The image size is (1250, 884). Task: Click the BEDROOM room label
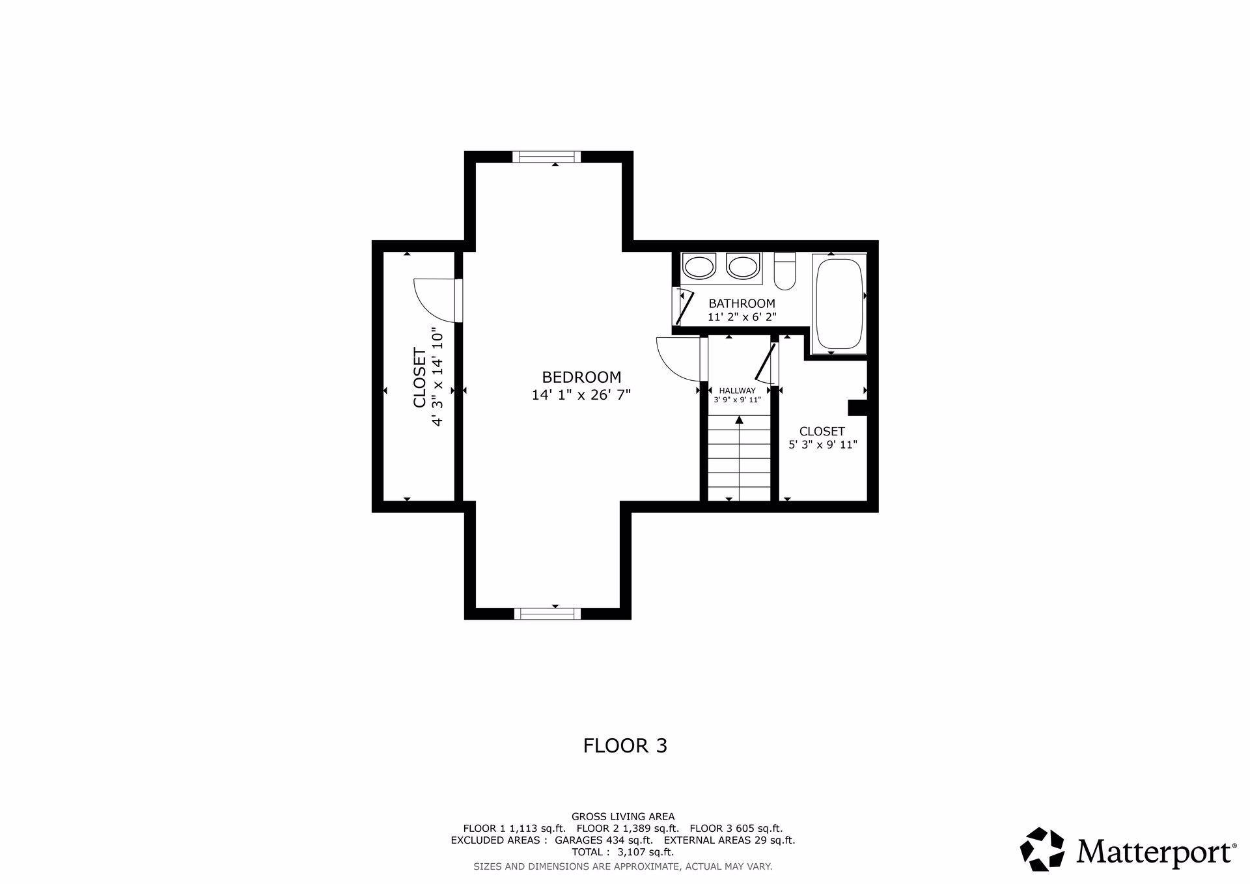581,377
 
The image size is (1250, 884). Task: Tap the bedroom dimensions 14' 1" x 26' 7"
581,394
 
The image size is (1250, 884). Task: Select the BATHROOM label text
742,303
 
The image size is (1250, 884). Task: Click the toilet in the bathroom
785,271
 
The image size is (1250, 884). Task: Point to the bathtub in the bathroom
839,304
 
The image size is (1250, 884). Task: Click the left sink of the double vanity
699,267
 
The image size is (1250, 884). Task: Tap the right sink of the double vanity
743,267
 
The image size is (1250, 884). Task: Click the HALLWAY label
738,391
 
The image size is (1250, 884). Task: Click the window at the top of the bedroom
546,156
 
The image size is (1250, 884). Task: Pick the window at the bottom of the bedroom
548,613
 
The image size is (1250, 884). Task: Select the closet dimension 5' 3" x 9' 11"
822,445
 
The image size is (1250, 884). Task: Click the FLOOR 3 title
625,746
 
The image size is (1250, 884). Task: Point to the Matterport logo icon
1042,849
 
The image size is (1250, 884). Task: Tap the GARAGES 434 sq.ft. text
604,840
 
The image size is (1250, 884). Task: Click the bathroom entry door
684,308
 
